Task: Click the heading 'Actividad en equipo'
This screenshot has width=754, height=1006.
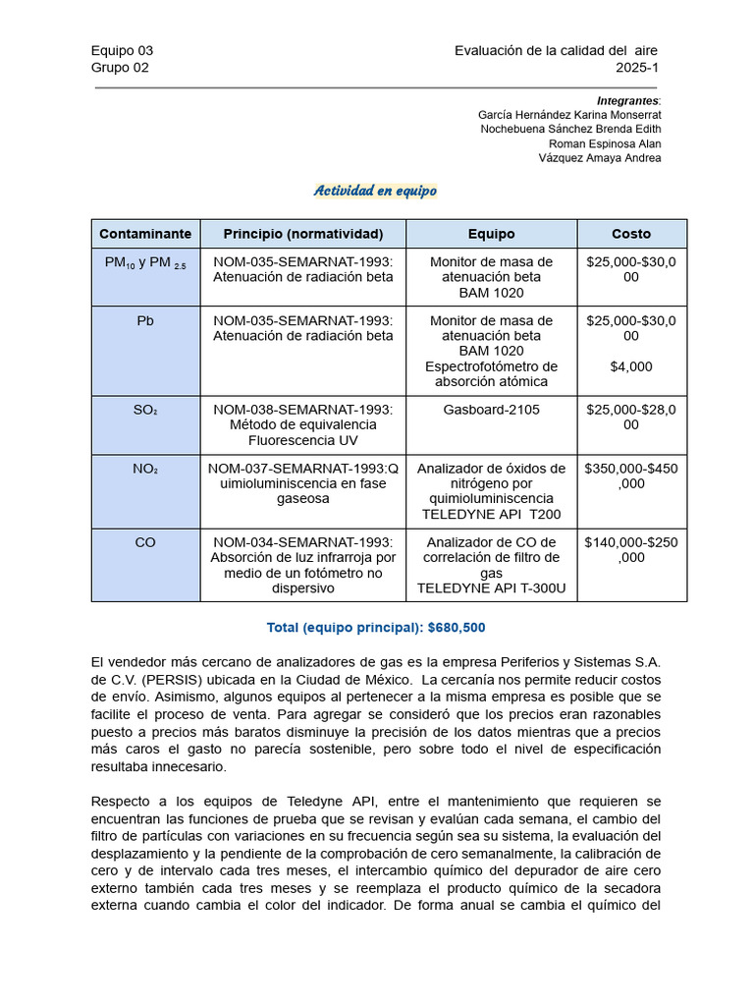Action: tap(375, 191)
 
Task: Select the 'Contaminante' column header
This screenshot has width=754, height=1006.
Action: tap(145, 234)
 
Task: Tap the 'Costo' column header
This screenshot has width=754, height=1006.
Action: tap(631, 234)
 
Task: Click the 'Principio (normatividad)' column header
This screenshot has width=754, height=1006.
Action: tap(303, 234)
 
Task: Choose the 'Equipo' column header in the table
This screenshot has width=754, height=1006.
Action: tap(491, 234)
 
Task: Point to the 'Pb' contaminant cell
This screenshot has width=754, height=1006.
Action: tap(145, 321)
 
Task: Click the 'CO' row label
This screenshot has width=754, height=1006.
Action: tap(145, 542)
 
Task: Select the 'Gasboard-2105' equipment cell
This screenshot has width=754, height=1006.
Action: tap(491, 410)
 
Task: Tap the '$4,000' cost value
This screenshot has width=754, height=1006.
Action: tap(631, 366)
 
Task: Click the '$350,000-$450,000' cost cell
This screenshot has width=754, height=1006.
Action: tap(631, 476)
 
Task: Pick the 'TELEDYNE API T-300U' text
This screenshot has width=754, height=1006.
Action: tap(491, 588)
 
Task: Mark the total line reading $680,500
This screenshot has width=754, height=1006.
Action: tap(375, 627)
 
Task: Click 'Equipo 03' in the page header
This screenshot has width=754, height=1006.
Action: tap(122, 51)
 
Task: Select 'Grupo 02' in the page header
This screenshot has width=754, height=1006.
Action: tap(120, 68)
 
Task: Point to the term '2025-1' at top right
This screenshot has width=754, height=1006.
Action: tap(638, 68)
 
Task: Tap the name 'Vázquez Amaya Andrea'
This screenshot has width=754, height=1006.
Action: tap(600, 158)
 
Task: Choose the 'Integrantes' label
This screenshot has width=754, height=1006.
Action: tap(627, 101)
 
